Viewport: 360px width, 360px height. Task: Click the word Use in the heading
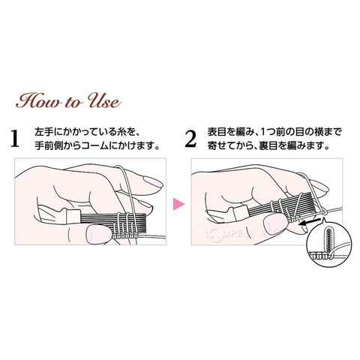(x=105, y=100)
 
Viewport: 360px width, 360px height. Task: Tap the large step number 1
(x=15, y=138)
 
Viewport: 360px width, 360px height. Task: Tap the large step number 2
(x=190, y=138)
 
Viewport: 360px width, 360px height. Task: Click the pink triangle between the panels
(x=178, y=204)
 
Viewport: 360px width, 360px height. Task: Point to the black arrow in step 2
(x=310, y=222)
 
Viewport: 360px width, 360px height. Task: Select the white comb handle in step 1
(x=73, y=216)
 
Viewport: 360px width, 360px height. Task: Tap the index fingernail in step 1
(x=153, y=181)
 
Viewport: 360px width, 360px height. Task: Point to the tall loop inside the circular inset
(x=328, y=241)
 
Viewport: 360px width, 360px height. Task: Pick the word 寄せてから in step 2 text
(x=229, y=145)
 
